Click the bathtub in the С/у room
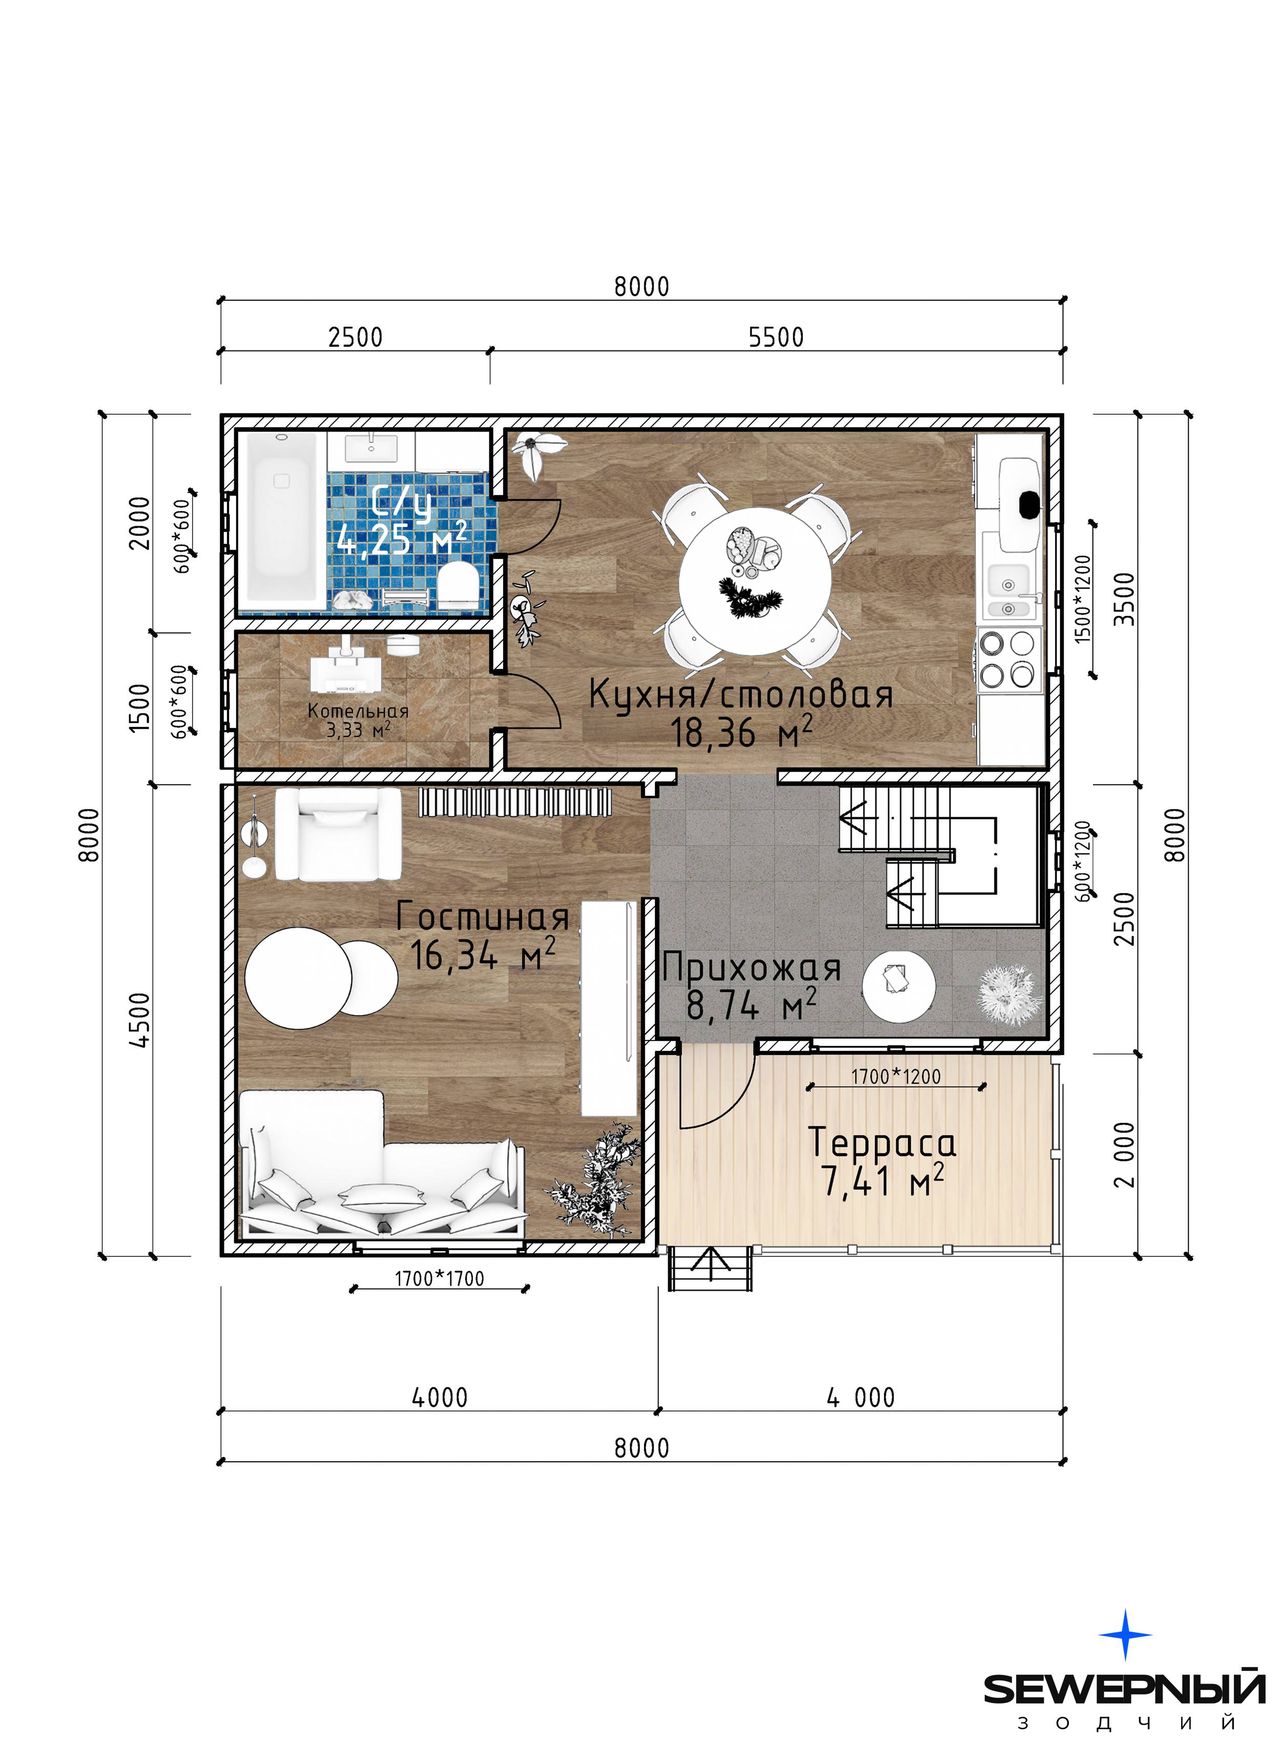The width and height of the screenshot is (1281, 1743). (281, 522)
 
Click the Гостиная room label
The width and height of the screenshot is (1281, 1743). (482, 917)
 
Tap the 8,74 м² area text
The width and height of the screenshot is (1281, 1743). (751, 1006)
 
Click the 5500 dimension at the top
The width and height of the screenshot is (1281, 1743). (776, 337)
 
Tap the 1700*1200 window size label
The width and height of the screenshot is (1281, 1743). (896, 1076)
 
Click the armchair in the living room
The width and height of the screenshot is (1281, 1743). (338, 834)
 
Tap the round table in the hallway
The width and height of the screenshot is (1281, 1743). (899, 987)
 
